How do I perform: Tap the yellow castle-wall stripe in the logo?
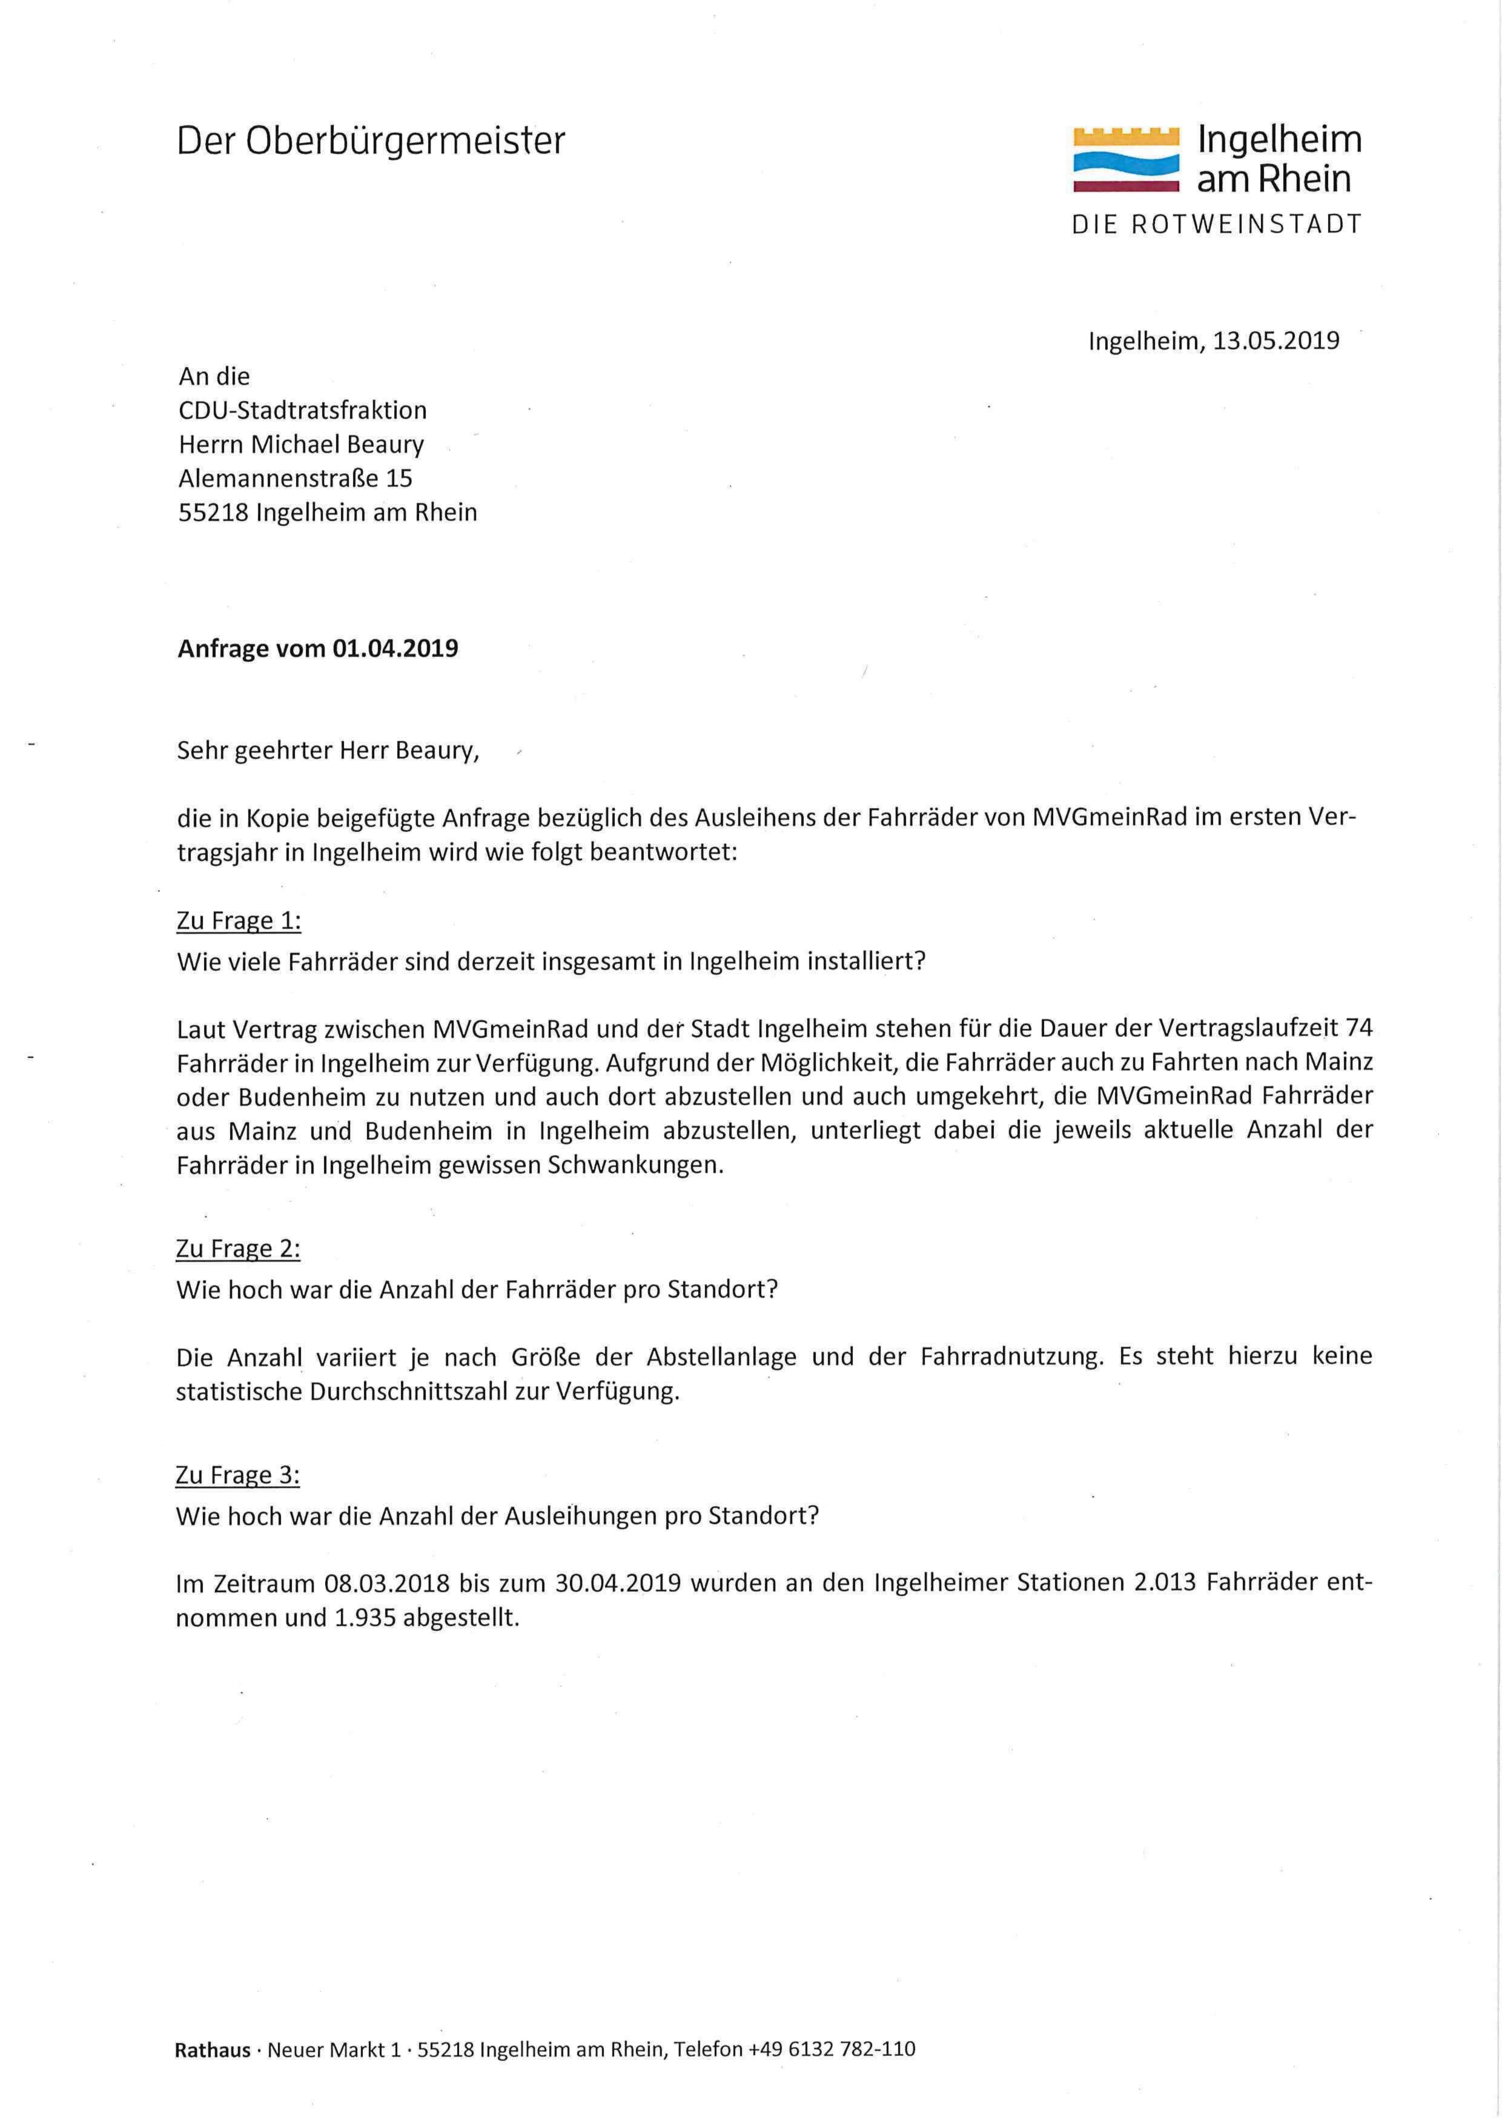(1125, 138)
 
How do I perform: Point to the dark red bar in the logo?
(1125, 187)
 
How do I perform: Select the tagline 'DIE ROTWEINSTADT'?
(1216, 225)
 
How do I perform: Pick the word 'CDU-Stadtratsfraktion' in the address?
(302, 410)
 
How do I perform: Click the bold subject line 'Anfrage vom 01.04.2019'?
(317, 648)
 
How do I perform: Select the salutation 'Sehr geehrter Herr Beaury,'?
(328, 750)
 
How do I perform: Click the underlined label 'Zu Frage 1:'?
(239, 922)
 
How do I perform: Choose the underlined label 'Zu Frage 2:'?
(239, 1249)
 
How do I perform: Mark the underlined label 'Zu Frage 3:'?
(239, 1475)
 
